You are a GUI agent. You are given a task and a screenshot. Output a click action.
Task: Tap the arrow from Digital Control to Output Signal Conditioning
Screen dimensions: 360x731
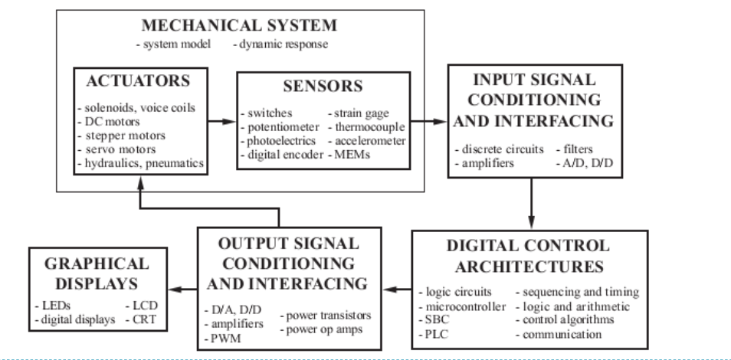[x=398, y=290]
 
